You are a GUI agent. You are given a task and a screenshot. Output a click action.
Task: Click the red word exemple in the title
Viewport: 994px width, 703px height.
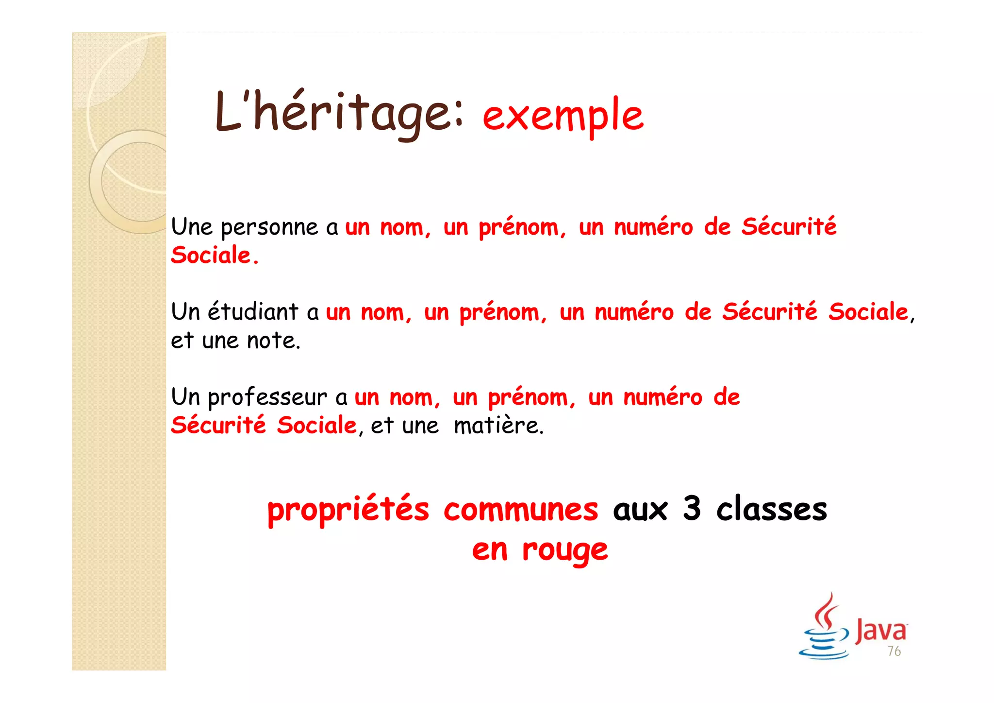click(x=563, y=116)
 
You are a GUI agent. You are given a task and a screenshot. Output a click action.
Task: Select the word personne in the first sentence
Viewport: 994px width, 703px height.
click(x=269, y=227)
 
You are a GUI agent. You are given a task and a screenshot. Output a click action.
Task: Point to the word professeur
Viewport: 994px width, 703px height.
click(x=267, y=398)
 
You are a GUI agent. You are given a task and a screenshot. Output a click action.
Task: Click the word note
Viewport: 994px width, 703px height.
click(x=274, y=341)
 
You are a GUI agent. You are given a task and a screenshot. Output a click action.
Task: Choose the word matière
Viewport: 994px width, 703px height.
click(x=498, y=426)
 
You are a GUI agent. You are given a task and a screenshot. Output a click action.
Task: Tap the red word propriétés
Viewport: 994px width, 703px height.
click(x=348, y=510)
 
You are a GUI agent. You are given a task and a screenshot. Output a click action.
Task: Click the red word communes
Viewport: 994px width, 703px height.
click(x=521, y=510)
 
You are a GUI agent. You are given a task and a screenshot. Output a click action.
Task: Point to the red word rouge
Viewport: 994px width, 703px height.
click(x=565, y=551)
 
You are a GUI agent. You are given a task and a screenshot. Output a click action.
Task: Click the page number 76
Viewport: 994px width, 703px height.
click(x=894, y=651)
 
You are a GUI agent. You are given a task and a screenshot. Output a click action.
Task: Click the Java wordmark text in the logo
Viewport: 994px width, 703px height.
click(x=881, y=630)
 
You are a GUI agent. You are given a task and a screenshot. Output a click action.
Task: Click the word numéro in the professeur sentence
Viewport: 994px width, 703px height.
click(x=663, y=398)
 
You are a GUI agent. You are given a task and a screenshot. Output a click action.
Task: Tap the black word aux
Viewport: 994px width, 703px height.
click(x=640, y=510)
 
